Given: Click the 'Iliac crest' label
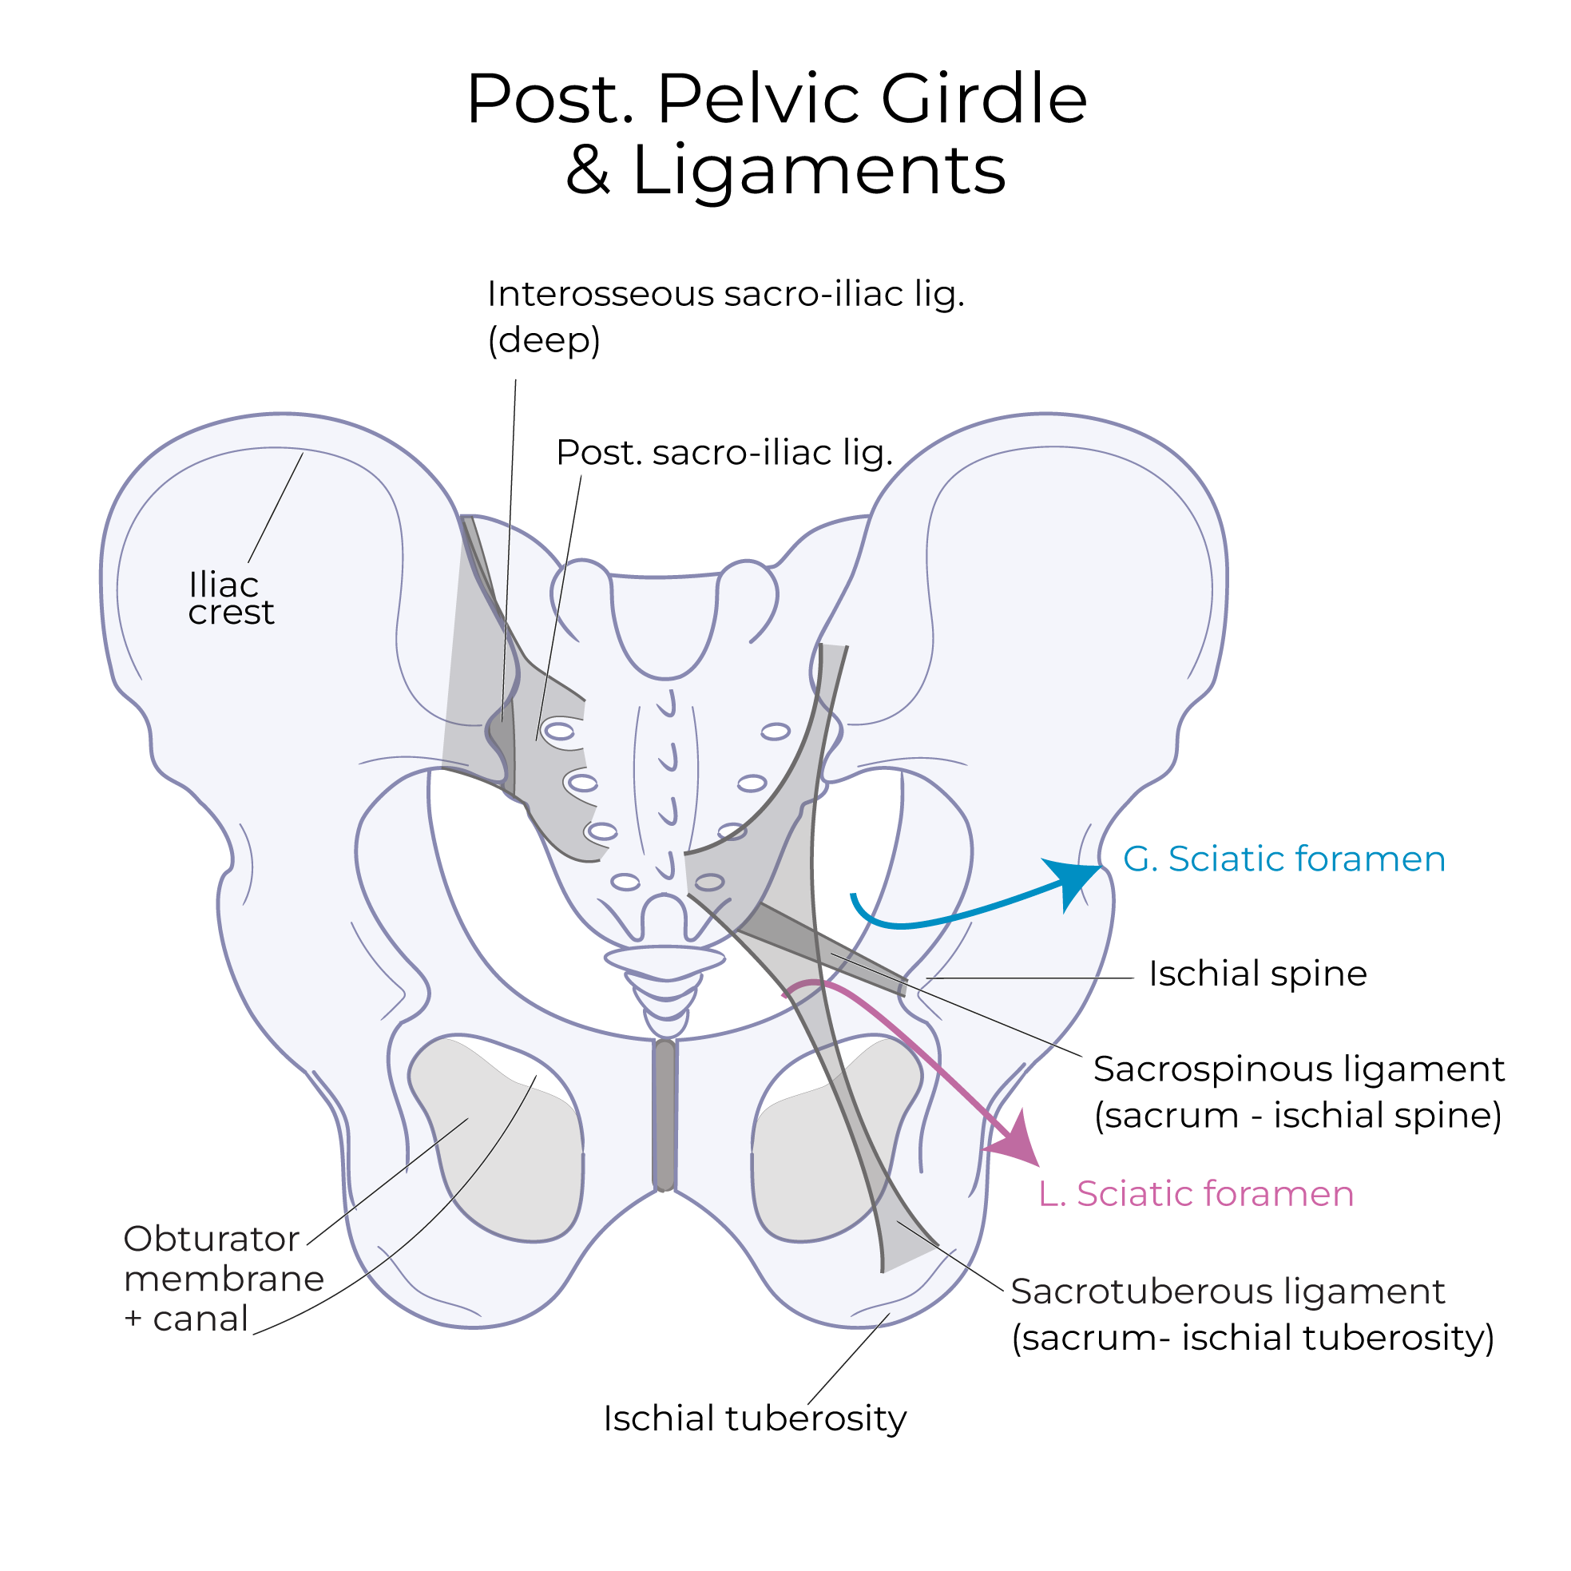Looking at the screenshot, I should [230, 598].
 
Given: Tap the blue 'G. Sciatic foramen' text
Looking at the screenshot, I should [1283, 859].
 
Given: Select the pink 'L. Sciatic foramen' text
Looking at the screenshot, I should [1196, 1194].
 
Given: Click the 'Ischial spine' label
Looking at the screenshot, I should [1257, 974].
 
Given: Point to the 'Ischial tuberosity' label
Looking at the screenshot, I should [754, 1418].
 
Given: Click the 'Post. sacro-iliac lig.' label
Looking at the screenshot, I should [724, 453].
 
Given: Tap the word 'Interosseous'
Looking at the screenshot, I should [599, 294].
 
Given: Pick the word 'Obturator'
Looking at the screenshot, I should [212, 1240].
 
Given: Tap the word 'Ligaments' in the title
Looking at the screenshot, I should [819, 171].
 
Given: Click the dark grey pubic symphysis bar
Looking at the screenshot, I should [665, 1116].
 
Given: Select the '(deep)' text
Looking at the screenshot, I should [543, 340].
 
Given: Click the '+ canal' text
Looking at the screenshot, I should [185, 1319].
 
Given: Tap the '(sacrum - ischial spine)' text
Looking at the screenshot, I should [1297, 1115].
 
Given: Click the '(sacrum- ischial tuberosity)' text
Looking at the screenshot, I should [1252, 1338].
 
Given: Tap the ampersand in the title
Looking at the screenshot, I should [587, 171].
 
